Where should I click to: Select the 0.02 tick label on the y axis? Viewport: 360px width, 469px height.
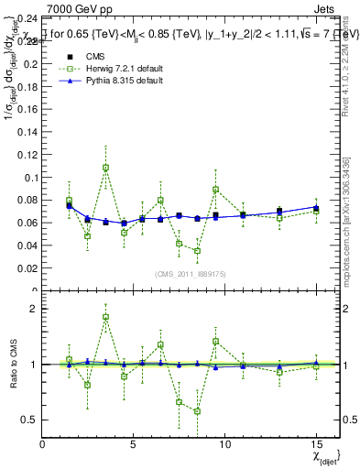pyautogui.click(x=27, y=268)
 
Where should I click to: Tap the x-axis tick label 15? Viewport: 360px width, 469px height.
pyautogui.click(x=316, y=444)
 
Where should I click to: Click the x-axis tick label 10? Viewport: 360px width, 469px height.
pyautogui.click(x=224, y=444)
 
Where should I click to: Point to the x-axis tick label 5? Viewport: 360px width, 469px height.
pyautogui.click(x=134, y=444)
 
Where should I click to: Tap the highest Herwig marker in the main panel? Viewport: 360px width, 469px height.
pyautogui.click(x=105, y=168)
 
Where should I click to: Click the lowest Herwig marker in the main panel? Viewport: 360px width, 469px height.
pyautogui.click(x=197, y=251)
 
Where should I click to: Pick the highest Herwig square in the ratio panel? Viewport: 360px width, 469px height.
pyautogui.click(x=105, y=317)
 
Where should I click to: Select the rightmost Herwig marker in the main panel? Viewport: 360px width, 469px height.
pyautogui.click(x=316, y=212)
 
